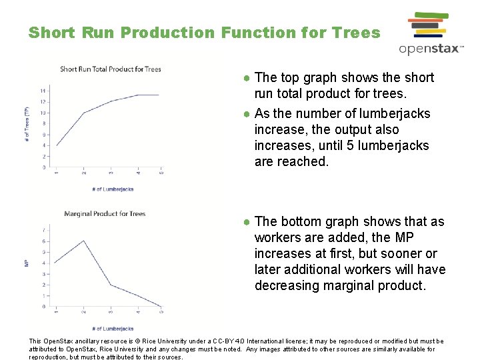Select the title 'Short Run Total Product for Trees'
111,69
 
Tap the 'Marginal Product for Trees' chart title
105,214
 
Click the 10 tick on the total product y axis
43,113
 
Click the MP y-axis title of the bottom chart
27,263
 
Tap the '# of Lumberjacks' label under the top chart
111,189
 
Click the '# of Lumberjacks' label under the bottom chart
111,329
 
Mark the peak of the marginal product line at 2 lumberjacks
83,241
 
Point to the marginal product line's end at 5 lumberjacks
161,306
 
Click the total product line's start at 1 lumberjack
57,145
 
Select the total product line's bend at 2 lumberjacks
83,113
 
